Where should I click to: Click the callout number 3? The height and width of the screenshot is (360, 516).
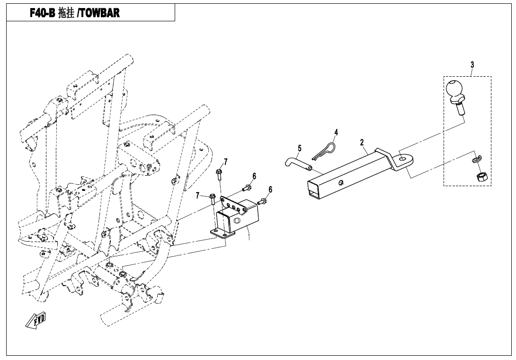472,64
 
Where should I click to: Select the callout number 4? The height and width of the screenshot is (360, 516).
336,132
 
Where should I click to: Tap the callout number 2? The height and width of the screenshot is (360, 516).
362,142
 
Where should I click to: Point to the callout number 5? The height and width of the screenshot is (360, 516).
300,148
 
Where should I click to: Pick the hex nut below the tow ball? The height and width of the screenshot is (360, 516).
479,177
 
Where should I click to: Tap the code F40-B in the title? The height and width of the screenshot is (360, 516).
43,13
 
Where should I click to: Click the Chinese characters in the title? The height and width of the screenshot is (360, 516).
66,13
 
